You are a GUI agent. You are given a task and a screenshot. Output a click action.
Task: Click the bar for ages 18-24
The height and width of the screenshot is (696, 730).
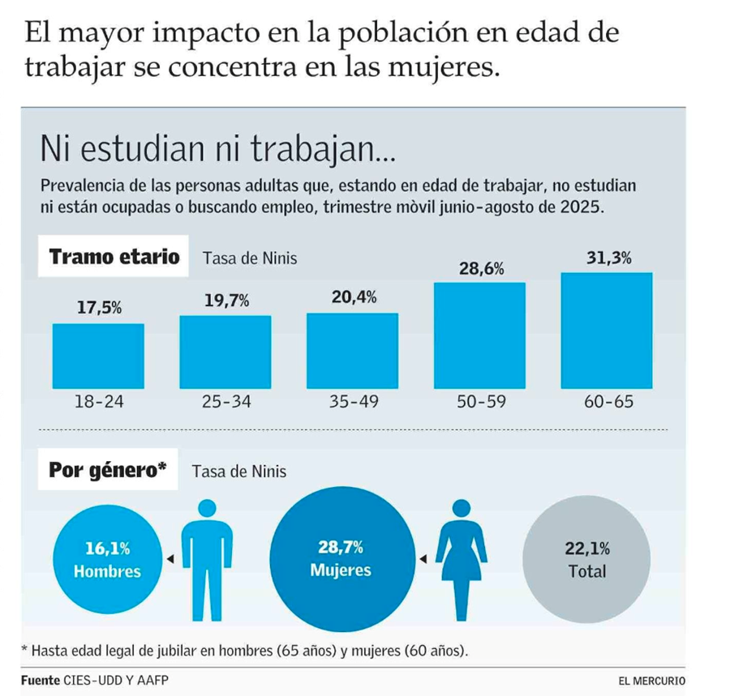pyautogui.click(x=98, y=356)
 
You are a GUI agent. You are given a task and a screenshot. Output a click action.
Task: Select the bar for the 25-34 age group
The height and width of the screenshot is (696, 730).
pyautogui.click(x=225, y=352)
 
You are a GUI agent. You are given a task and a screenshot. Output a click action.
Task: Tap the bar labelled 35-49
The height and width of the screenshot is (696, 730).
pyautogui.click(x=351, y=350)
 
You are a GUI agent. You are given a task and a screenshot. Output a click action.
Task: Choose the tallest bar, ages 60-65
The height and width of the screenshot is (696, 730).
pyautogui.click(x=608, y=331)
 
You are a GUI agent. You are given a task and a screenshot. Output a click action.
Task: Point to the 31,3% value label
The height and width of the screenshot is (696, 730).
pyautogui.click(x=609, y=259)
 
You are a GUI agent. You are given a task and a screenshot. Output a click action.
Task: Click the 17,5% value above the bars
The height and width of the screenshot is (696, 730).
pyautogui.click(x=99, y=308)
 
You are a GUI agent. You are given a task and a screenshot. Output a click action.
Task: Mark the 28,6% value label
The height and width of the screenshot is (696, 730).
pyautogui.click(x=481, y=269)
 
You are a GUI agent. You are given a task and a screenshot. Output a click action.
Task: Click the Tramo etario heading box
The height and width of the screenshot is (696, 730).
pyautogui.click(x=114, y=258)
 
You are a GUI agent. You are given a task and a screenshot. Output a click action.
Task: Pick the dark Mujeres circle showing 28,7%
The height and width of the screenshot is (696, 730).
pyautogui.click(x=341, y=559)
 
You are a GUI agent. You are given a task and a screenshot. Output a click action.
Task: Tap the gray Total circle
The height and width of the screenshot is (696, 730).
pyautogui.click(x=586, y=560)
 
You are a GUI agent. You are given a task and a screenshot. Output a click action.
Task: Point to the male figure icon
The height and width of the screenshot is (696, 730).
pyautogui.click(x=208, y=558)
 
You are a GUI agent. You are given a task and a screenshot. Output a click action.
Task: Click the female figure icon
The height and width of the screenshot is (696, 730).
pyautogui.click(x=462, y=558)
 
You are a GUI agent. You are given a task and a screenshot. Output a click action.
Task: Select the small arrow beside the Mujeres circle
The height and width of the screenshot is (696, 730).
pyautogui.click(x=423, y=558)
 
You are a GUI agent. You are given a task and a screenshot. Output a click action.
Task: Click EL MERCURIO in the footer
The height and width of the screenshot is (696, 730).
pyautogui.click(x=651, y=679)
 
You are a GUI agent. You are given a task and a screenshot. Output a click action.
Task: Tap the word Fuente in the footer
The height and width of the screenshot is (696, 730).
pyautogui.click(x=41, y=679)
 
